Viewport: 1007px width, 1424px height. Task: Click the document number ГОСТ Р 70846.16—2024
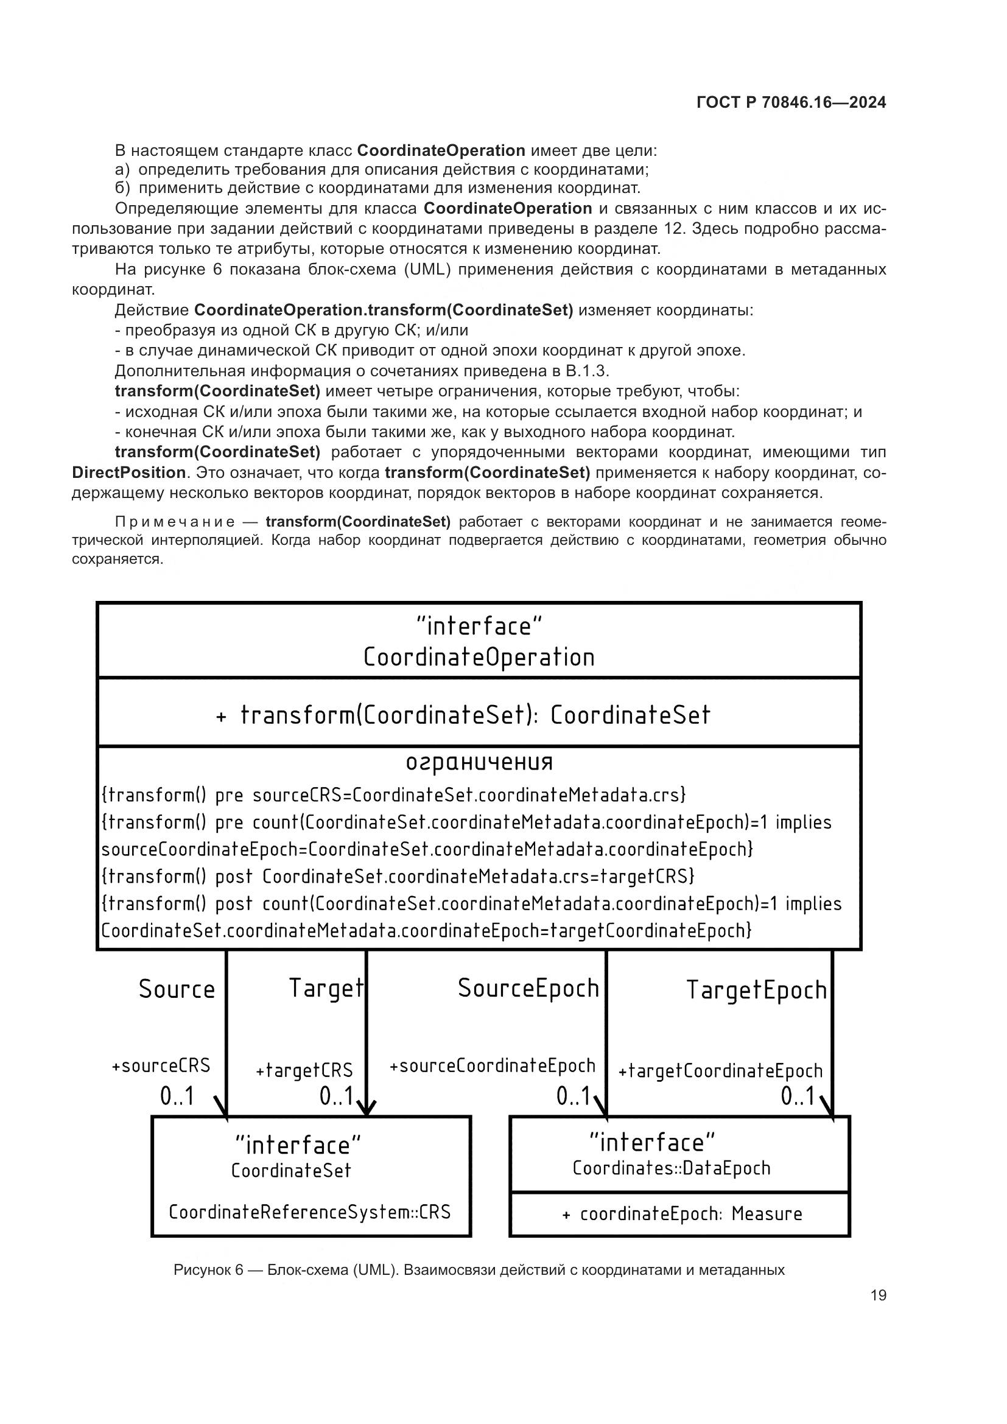[x=791, y=103]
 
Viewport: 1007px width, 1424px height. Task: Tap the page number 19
[x=878, y=1295]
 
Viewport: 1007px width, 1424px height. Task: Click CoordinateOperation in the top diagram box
[x=479, y=658]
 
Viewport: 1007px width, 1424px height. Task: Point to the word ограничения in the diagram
[x=479, y=762]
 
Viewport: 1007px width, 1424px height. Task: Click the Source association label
[x=177, y=989]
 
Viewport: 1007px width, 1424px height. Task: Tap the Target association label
[x=326, y=988]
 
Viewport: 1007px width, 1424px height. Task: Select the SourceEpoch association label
[x=528, y=988]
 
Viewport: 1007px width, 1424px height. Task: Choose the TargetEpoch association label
[x=757, y=991]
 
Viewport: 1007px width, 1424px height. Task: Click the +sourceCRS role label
[x=161, y=1065]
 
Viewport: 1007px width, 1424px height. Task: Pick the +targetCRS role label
[x=304, y=1070]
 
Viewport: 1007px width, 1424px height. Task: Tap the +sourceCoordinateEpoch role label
[x=493, y=1065]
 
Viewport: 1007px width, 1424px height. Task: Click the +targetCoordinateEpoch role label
[x=720, y=1070]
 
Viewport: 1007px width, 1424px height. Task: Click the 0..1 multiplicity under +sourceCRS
[x=177, y=1096]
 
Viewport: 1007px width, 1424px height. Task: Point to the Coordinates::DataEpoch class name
[x=672, y=1168]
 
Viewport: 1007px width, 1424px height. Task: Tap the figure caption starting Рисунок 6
[x=479, y=1269]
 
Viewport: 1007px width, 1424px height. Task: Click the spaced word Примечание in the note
[x=175, y=522]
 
